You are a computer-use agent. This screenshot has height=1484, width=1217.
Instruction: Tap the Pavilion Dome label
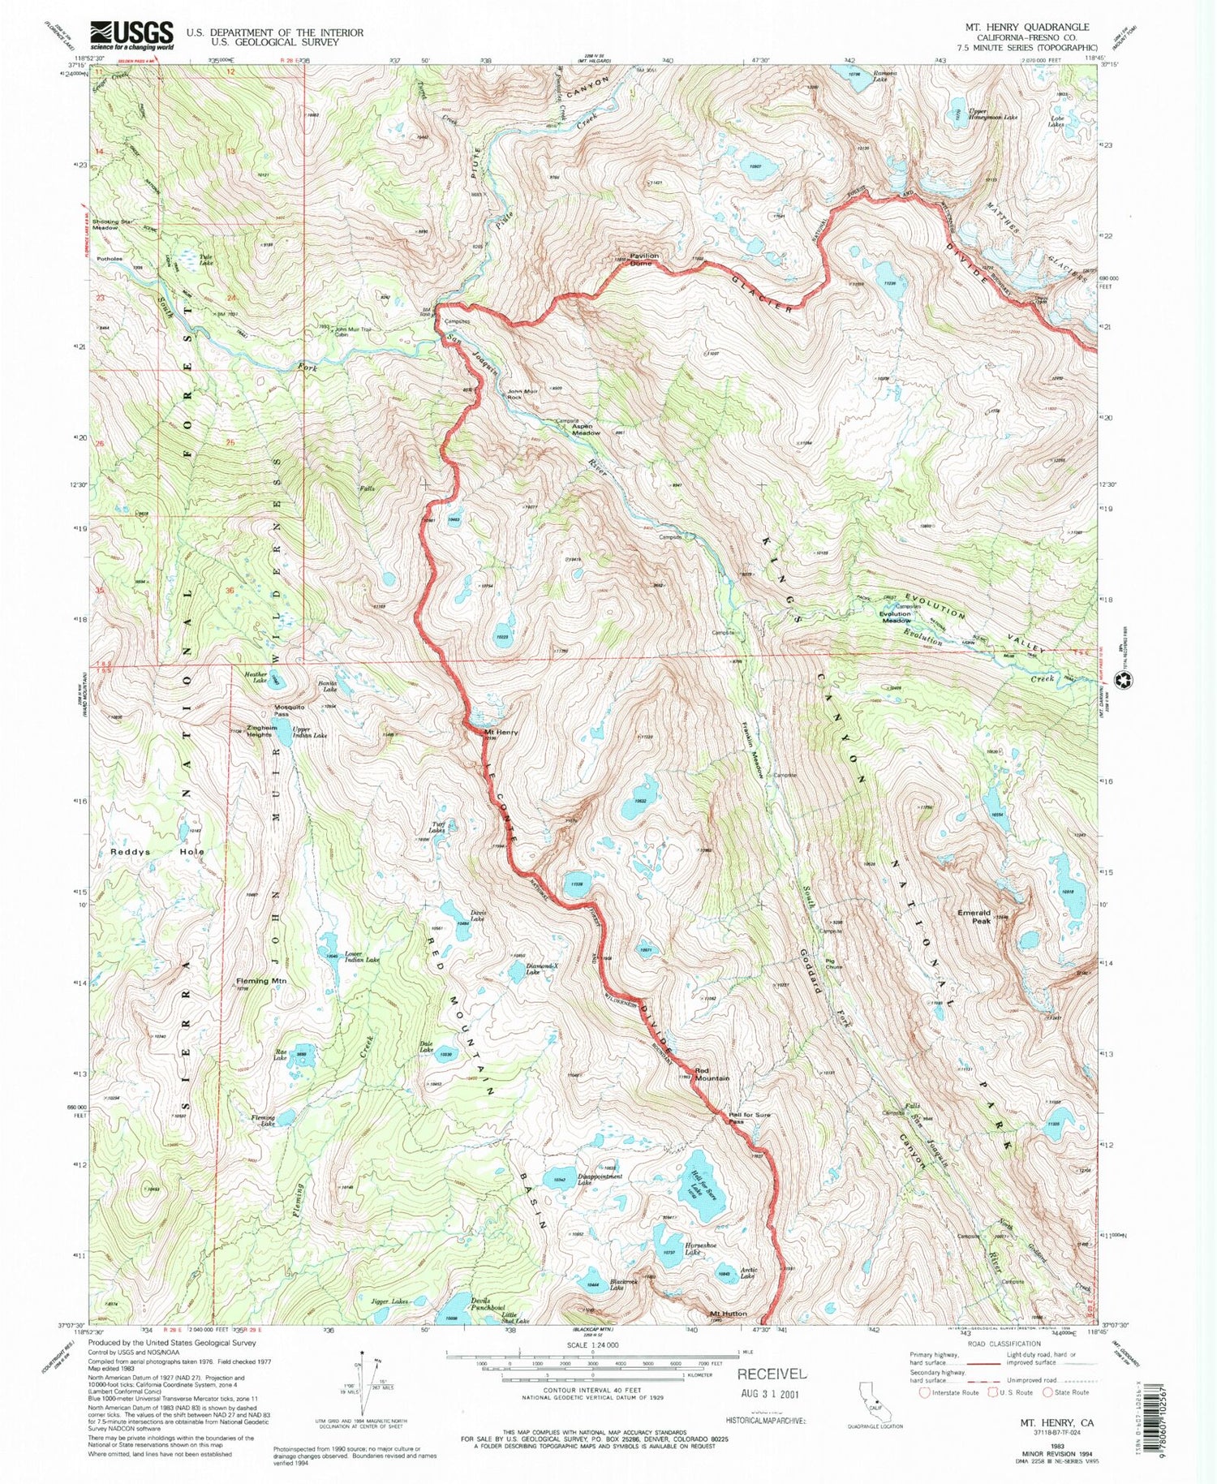click(641, 260)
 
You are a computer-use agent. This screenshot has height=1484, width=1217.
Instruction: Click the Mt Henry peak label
click(501, 733)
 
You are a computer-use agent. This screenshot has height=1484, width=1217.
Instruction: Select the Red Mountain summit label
click(712, 1073)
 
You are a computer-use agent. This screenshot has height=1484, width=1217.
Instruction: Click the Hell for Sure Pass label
click(750, 1119)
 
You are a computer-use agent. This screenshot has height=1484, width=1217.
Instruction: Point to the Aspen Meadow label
click(587, 429)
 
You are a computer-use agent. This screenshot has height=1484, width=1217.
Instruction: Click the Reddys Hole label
click(157, 852)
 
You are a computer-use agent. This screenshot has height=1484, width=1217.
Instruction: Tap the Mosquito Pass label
click(289, 710)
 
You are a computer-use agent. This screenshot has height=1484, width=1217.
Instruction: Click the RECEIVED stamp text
click(772, 1374)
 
